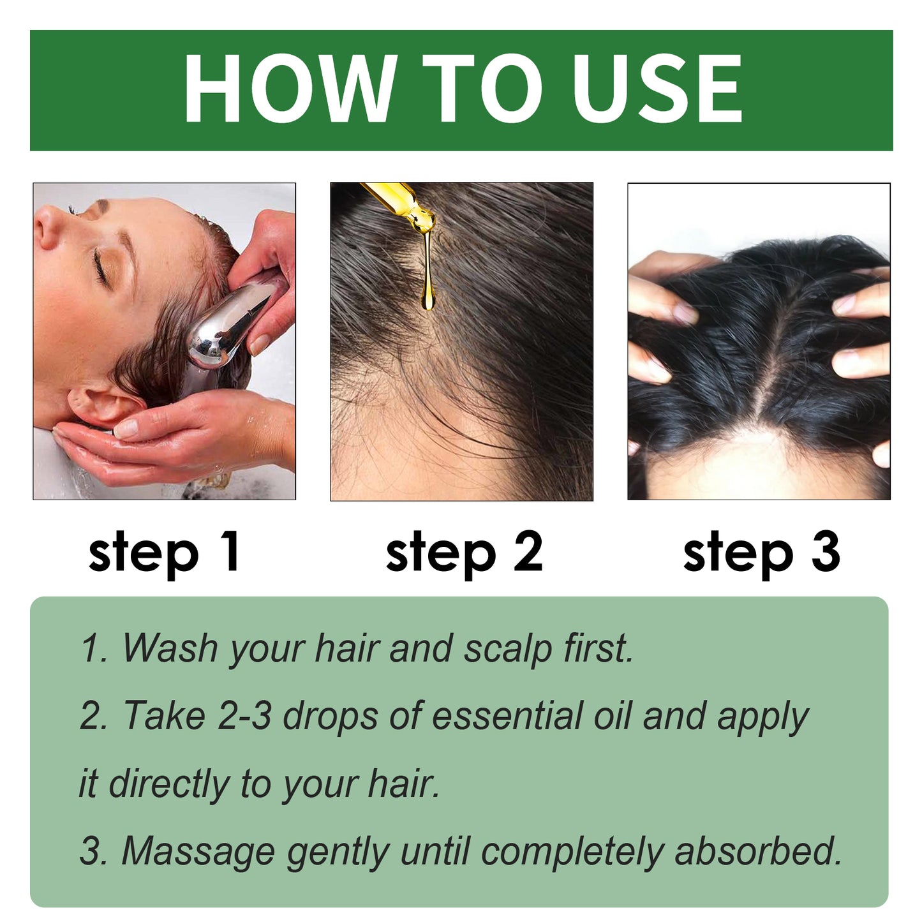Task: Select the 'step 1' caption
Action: pyautogui.click(x=164, y=552)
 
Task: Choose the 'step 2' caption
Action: pyautogui.click(x=464, y=552)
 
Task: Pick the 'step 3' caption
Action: pyautogui.click(x=761, y=552)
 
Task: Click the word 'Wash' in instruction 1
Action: pyautogui.click(x=170, y=648)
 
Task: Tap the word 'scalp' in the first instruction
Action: pyautogui.click(x=507, y=649)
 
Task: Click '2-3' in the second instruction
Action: pyautogui.click(x=244, y=715)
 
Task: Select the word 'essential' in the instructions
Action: pyautogui.click(x=507, y=715)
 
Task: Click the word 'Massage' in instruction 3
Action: pyautogui.click(x=198, y=852)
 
